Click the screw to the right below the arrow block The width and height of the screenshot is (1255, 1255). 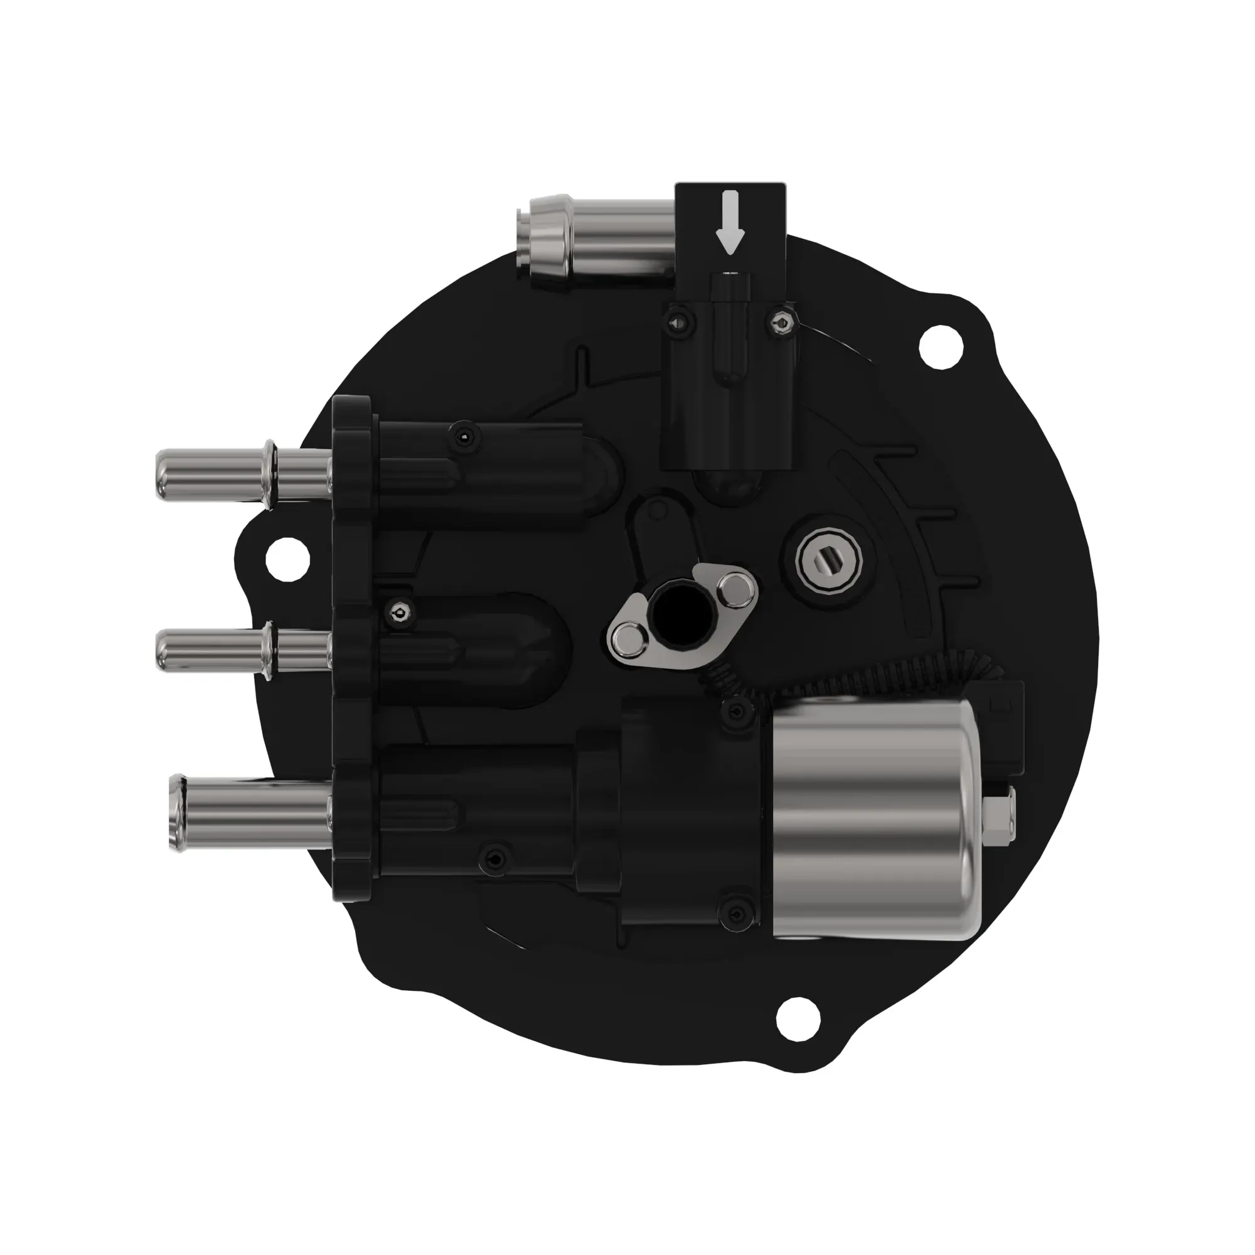tap(783, 322)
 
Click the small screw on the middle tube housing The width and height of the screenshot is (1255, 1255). tap(399, 612)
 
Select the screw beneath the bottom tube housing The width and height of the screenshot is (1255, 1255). tap(496, 861)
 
